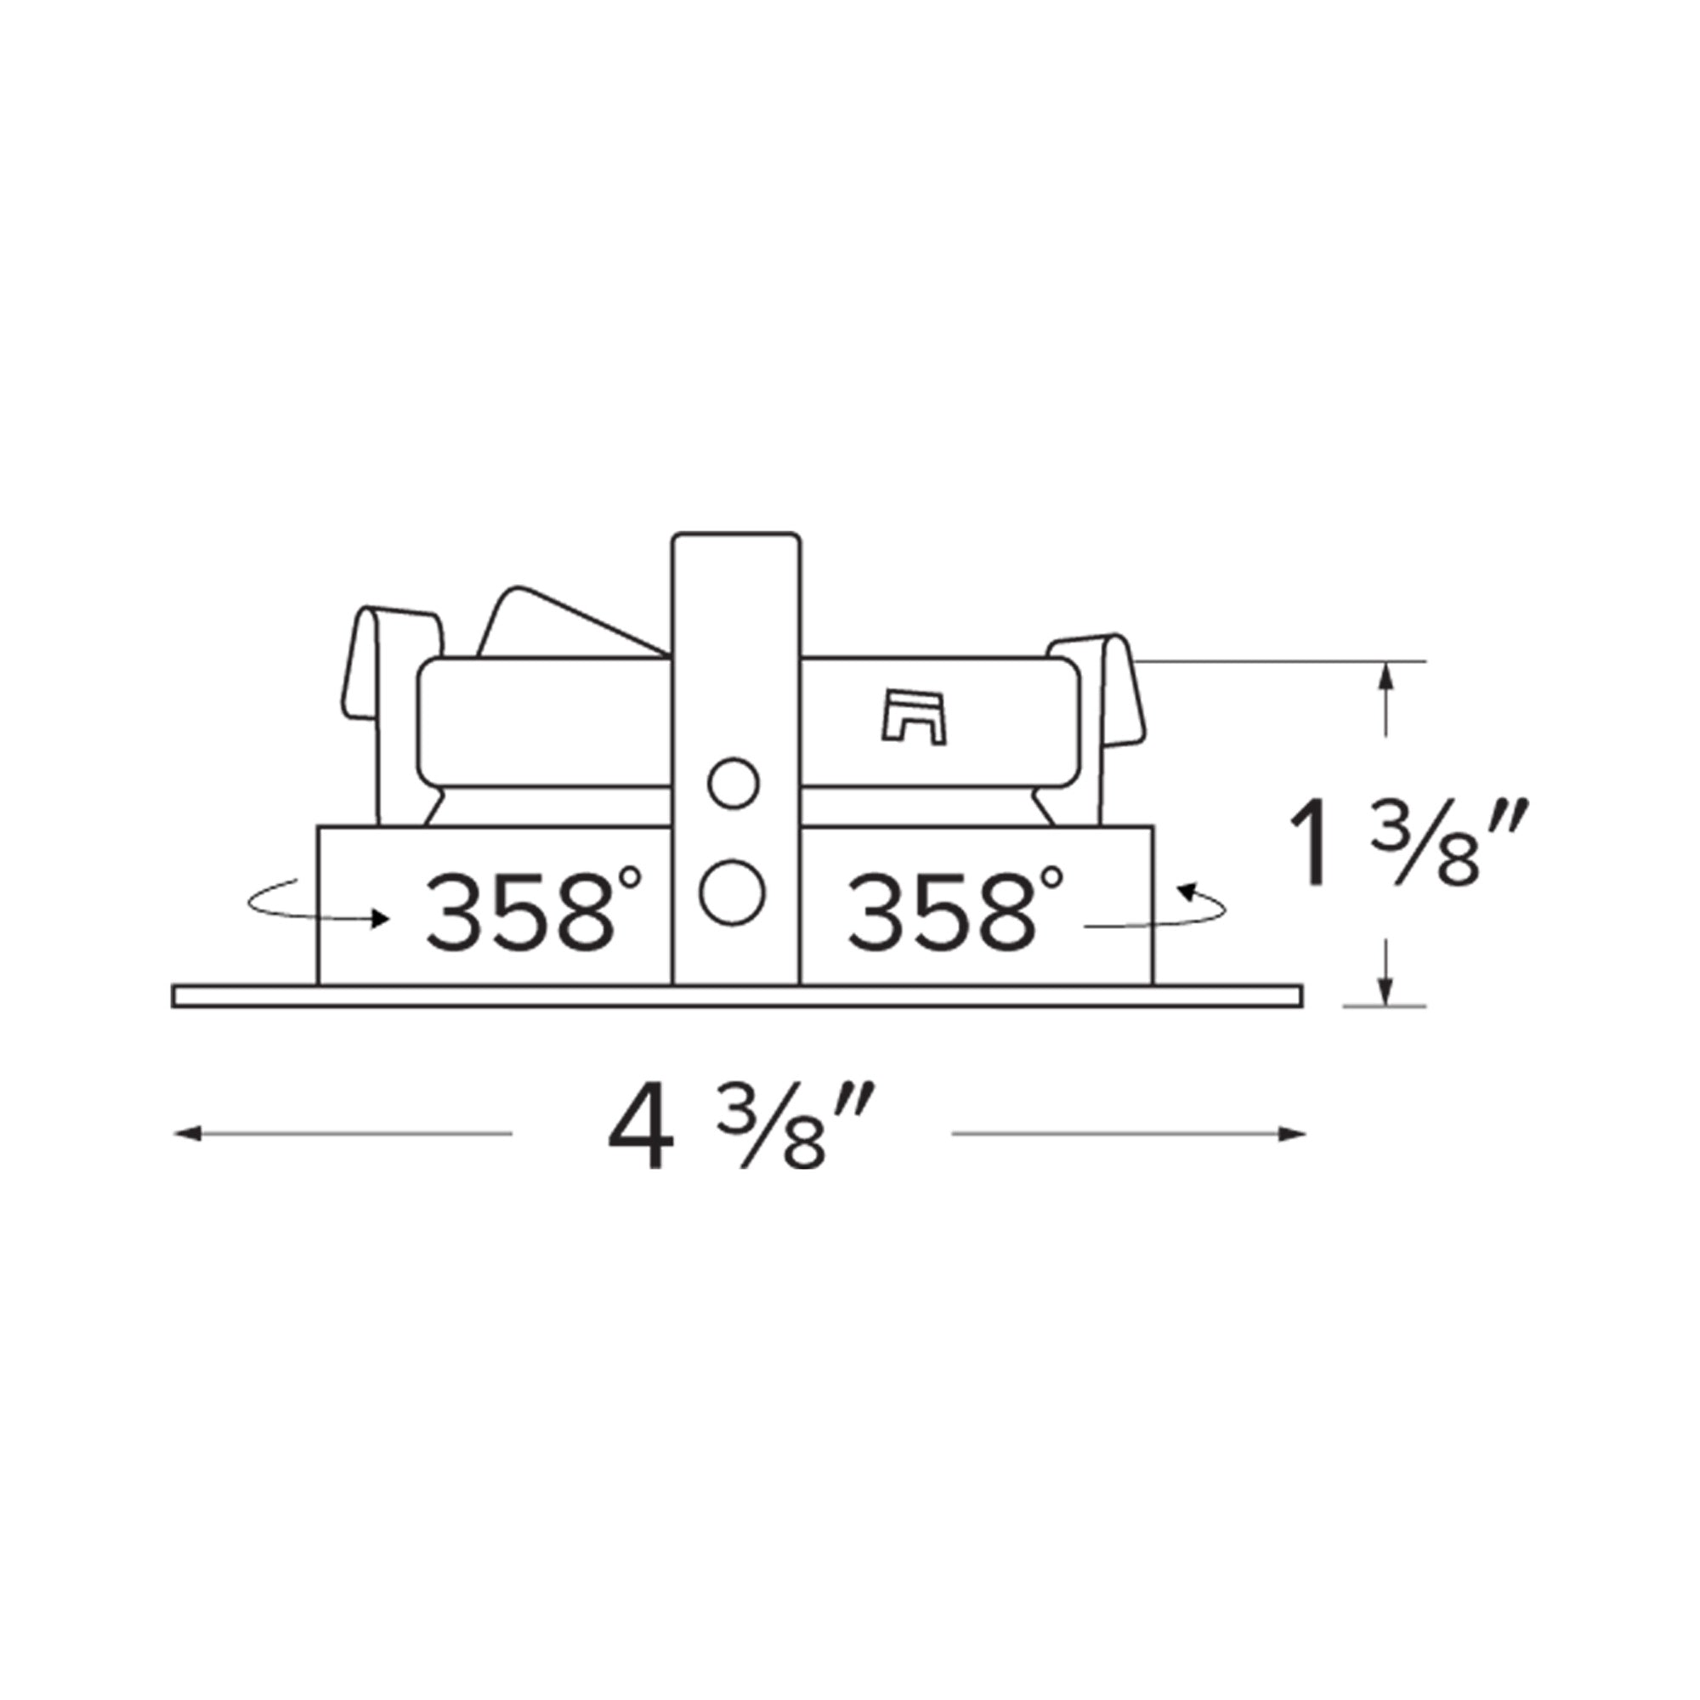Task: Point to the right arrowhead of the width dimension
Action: pyautogui.click(x=1292, y=1134)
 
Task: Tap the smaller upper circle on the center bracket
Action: pyautogui.click(x=733, y=782)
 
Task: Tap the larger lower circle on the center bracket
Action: pyautogui.click(x=732, y=893)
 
